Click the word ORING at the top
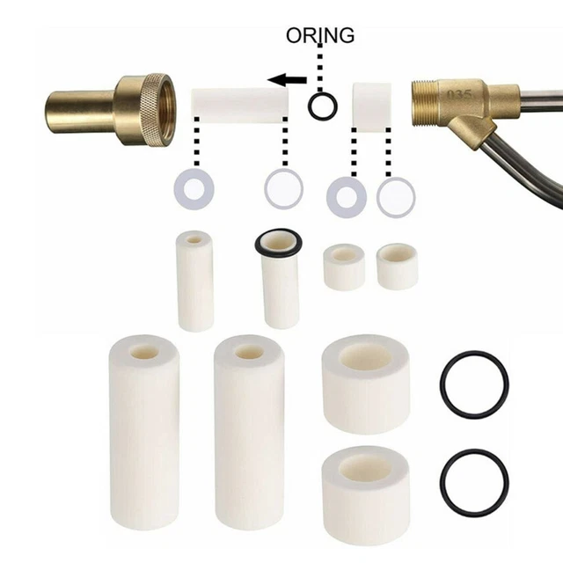(x=320, y=35)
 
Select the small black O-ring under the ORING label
(x=323, y=106)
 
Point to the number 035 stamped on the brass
(x=459, y=92)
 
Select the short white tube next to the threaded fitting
(x=371, y=104)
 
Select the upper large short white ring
(x=366, y=383)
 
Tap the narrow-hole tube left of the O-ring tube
(x=195, y=280)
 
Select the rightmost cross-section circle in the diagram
(x=396, y=196)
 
